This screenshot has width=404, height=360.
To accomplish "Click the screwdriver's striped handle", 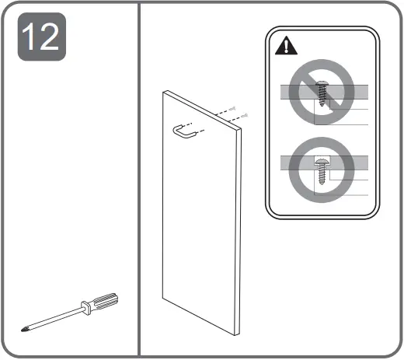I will coord(103,302).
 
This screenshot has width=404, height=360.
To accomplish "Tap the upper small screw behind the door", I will coord(232,110).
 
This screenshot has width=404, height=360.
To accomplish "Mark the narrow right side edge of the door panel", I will coord(239,225).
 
